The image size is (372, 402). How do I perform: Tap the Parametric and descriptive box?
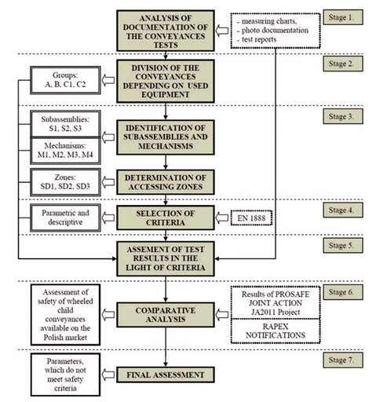coord(59,216)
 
